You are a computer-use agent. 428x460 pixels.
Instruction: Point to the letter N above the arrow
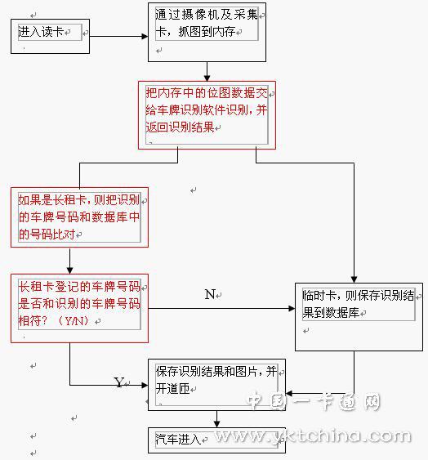pyautogui.click(x=210, y=294)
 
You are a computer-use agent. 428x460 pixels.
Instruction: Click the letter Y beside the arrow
pyautogui.click(x=118, y=382)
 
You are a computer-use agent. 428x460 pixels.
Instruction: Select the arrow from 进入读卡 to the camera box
pyautogui.click(x=118, y=37)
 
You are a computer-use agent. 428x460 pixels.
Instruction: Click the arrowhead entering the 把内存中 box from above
pyautogui.click(x=207, y=78)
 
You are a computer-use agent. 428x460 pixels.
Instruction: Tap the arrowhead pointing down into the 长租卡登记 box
pyautogui.click(x=69, y=270)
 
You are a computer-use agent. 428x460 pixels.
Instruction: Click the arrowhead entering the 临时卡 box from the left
pyautogui.click(x=292, y=308)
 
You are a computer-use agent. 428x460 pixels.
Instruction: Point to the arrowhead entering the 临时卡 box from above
pyautogui.click(x=354, y=279)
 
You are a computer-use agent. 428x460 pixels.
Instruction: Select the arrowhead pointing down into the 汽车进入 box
pyautogui.click(x=216, y=424)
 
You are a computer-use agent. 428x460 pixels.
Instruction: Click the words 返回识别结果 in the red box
pyautogui.click(x=180, y=127)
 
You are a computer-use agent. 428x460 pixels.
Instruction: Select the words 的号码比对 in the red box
pyautogui.click(x=47, y=234)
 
